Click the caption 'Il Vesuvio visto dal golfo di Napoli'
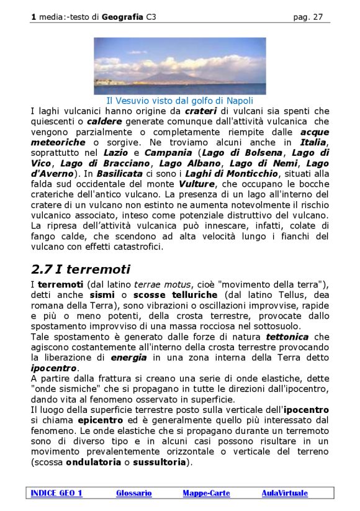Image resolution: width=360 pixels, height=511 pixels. click(x=179, y=100)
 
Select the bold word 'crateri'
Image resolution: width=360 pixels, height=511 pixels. click(x=200, y=111)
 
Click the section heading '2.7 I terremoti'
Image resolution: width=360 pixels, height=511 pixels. click(x=81, y=269)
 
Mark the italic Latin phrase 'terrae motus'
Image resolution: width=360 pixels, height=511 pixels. click(x=158, y=284)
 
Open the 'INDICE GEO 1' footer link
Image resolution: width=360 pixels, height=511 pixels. click(x=56, y=493)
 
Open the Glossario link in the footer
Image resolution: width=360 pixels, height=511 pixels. click(x=133, y=493)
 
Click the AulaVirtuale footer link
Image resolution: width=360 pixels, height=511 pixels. click(x=284, y=493)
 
